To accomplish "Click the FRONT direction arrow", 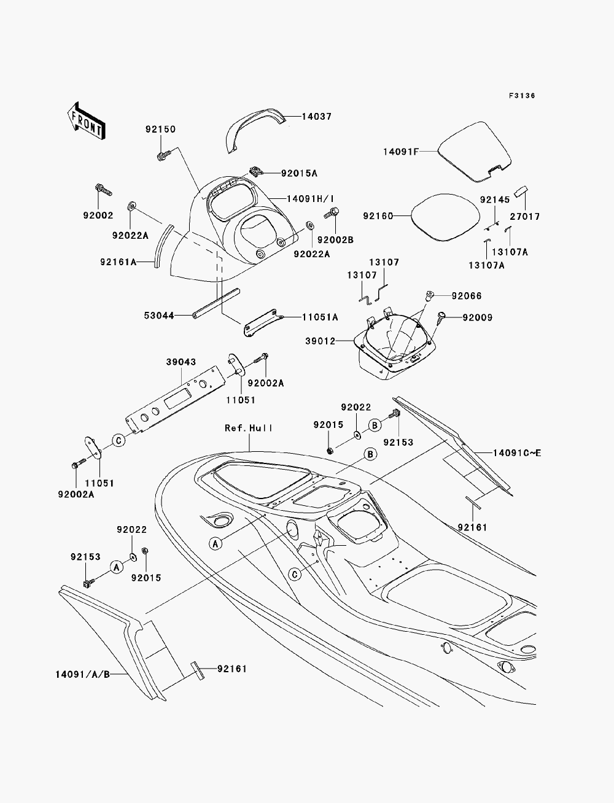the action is tap(87, 121).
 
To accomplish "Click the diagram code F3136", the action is tap(522, 96).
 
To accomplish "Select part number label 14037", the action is tap(316, 116).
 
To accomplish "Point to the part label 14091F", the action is tap(401, 152).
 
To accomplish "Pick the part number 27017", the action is tap(525, 217).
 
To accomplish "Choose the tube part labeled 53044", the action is tap(216, 304).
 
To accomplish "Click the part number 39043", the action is tap(181, 362).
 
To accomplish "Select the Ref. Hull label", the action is tap(249, 428).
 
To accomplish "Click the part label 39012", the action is tap(320, 341).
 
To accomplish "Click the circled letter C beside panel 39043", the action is tap(119, 440).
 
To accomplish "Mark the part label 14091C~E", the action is tap(516, 453).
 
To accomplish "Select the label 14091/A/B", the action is tap(83, 674).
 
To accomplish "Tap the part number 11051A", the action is tap(320, 317).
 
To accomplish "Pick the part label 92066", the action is tap(467, 295).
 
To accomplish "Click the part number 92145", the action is tap(495, 200).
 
